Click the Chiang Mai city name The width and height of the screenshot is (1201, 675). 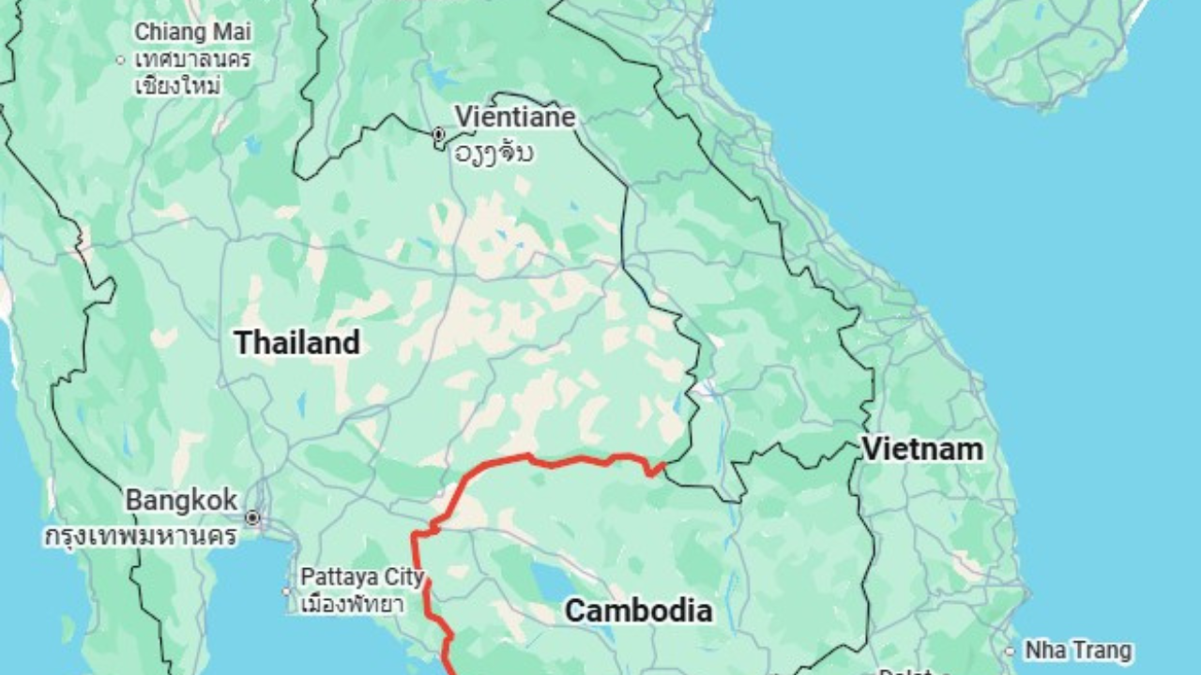[192, 31]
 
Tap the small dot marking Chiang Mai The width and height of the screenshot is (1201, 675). [120, 60]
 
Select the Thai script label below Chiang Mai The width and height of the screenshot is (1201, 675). [192, 72]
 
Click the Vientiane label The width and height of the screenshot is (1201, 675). [515, 117]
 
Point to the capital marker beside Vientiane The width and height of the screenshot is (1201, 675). [438, 135]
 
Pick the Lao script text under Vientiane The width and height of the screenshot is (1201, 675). [494, 152]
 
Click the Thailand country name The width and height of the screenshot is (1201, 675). [296, 342]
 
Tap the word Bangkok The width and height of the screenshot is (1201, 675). [181, 500]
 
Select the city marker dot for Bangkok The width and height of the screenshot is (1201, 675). [251, 517]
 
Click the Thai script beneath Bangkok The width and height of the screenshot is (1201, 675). [141, 537]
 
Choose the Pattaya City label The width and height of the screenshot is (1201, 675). [362, 577]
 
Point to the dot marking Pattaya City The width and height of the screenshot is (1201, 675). [287, 592]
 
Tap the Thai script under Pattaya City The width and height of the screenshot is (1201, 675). [352, 603]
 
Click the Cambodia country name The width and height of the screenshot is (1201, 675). [639, 611]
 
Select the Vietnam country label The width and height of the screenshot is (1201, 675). [922, 449]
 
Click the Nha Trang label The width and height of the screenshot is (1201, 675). [1078, 650]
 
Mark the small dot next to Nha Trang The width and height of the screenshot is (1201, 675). [1010, 651]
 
